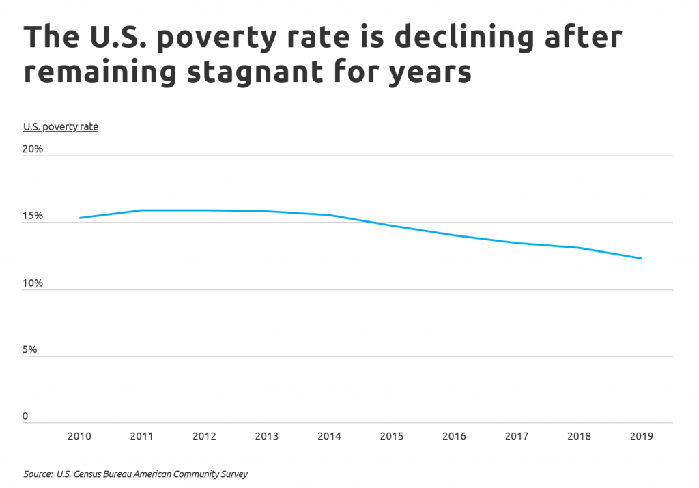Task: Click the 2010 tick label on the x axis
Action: tap(80, 437)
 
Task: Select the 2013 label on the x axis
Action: tap(267, 437)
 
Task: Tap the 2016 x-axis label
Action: tap(453, 437)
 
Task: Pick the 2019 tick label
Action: tap(640, 437)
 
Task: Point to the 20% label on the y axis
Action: tap(33, 149)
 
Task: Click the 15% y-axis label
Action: tap(33, 216)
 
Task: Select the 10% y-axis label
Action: tap(33, 283)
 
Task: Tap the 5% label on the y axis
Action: tap(31, 349)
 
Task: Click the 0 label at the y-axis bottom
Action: tap(26, 416)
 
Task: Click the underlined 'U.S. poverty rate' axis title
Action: tap(61, 126)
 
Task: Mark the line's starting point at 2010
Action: tap(80, 218)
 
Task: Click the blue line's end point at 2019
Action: tap(640, 258)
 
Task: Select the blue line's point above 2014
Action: tap(329, 215)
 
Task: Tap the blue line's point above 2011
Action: tap(142, 210)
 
